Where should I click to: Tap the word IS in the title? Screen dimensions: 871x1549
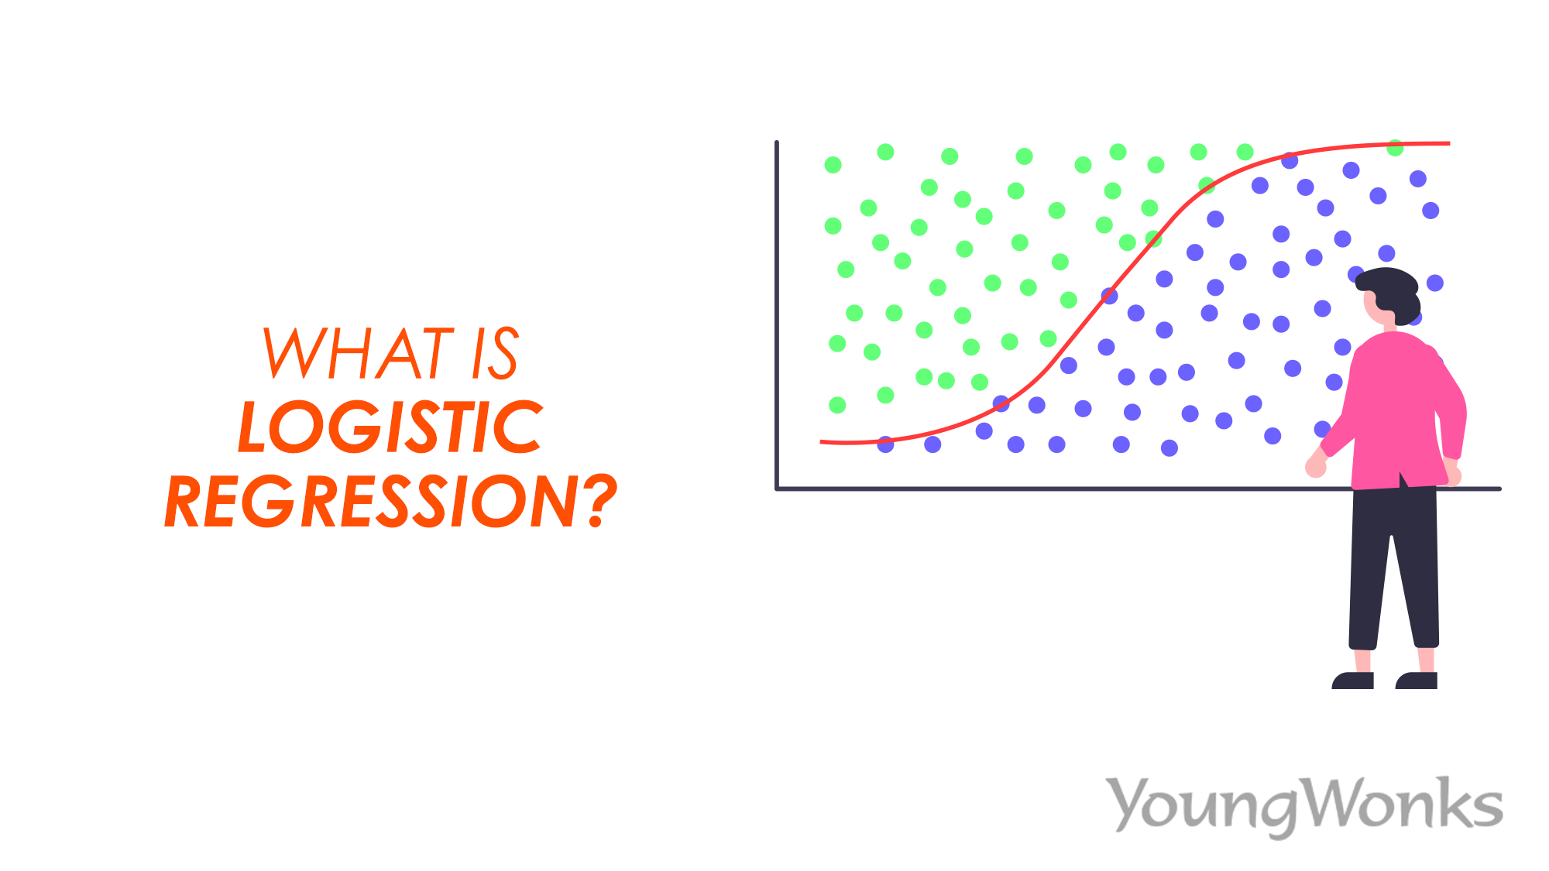(x=494, y=354)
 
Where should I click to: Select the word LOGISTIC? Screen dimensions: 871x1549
(x=390, y=427)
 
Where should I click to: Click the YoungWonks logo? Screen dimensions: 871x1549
(x=1305, y=805)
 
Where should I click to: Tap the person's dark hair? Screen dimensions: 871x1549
(x=1390, y=286)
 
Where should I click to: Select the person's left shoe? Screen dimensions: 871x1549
(x=1352, y=681)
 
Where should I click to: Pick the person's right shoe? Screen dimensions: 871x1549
(x=1417, y=681)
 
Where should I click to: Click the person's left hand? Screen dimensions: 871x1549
(x=1315, y=467)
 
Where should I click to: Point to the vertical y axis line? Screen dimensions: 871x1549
(x=777, y=310)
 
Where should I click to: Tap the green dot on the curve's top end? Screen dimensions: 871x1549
(x=1395, y=148)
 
